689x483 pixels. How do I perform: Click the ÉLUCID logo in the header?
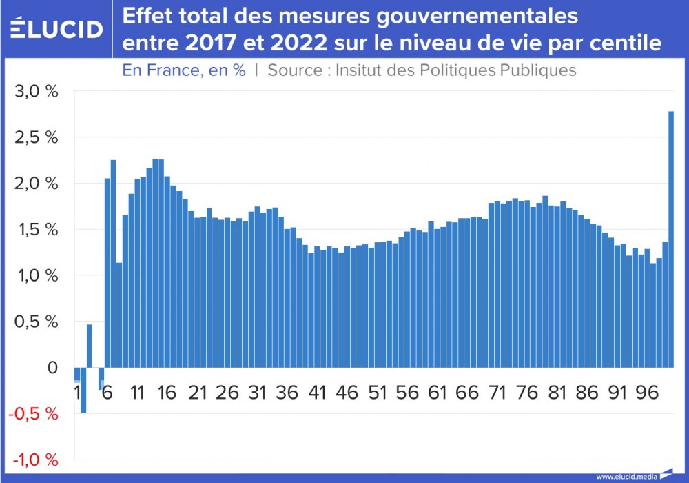57,29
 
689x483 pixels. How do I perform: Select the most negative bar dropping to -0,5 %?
83,390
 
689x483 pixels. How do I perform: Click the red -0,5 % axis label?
34,414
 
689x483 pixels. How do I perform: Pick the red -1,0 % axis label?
34,460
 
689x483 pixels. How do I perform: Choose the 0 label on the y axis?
53,368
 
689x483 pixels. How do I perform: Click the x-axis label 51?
378,393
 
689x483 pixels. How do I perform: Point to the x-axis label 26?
227,393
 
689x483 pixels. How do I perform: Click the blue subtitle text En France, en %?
184,70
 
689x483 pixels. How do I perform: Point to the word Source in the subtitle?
292,70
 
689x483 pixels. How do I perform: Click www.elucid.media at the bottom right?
626,477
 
